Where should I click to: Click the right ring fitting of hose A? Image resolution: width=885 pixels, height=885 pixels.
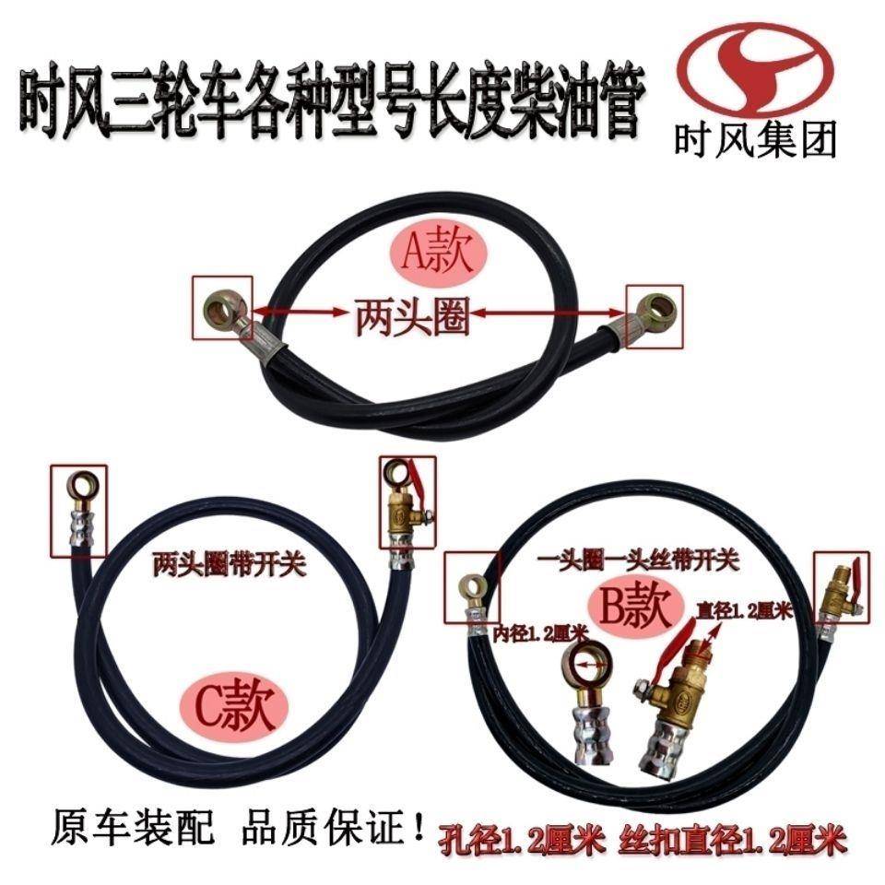tap(656, 306)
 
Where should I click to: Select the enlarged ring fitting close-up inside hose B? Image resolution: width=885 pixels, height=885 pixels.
tap(588, 701)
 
